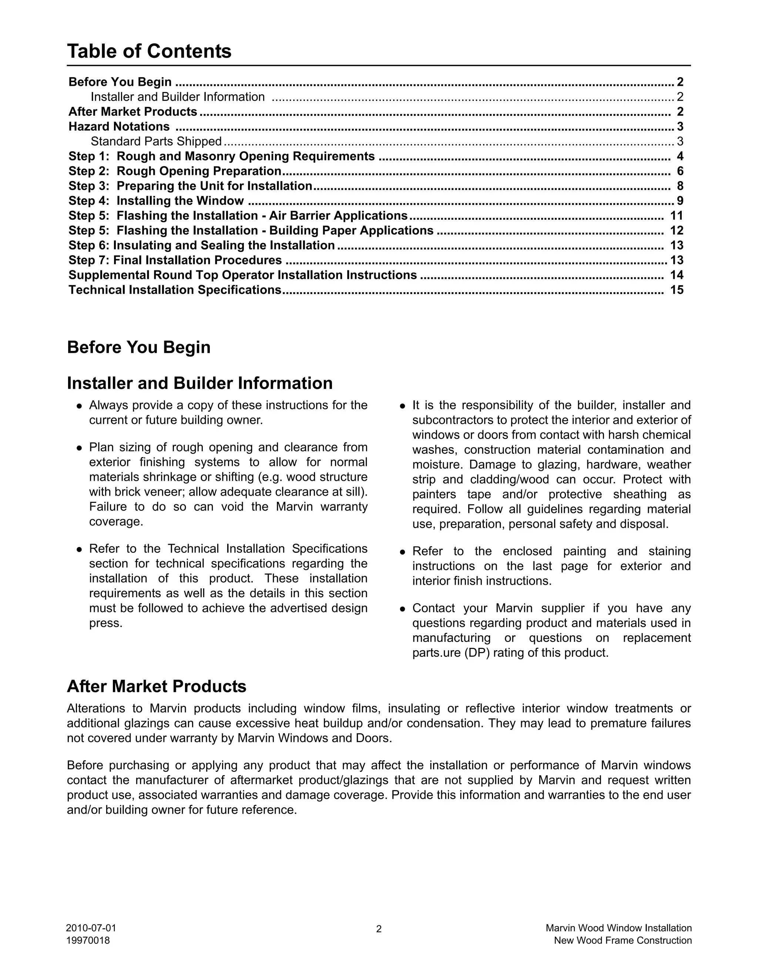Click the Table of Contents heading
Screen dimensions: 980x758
[149, 51]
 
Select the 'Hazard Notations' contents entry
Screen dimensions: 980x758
[119, 126]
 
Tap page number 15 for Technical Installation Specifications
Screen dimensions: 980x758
[676, 290]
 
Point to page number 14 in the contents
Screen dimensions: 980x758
[676, 275]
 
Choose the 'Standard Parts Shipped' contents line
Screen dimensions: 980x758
[156, 141]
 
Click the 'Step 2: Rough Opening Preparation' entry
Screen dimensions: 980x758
[175, 171]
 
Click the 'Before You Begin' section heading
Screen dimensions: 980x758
[138, 347]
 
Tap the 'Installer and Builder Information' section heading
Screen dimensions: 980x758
[200, 383]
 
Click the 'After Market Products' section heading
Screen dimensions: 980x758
[156, 686]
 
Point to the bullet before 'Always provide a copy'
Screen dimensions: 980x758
[79, 406]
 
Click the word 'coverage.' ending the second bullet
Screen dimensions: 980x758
[116, 522]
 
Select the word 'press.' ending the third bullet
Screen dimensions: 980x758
[105, 623]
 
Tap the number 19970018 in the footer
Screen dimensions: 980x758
[88, 940]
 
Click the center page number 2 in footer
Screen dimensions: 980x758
[379, 929]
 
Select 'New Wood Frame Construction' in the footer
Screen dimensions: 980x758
[623, 940]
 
